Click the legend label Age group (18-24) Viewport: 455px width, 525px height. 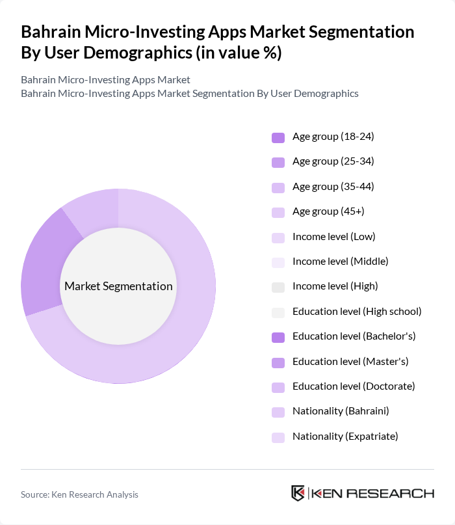tap(333, 137)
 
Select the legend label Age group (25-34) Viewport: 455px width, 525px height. tap(333, 161)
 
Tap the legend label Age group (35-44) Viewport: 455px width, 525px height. tap(333, 187)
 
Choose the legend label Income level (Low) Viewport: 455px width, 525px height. tap(333, 236)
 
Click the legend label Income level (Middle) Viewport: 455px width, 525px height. tap(340, 262)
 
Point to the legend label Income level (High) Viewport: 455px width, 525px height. tap(335, 286)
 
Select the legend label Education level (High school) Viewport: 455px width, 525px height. tap(357, 312)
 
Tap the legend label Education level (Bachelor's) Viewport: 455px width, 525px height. tap(354, 336)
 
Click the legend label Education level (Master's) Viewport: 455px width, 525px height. tap(350, 361)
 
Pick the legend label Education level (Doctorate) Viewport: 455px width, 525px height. tap(354, 386)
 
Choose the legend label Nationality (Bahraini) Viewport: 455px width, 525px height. tap(341, 411)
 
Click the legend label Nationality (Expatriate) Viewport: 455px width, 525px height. tap(344, 437)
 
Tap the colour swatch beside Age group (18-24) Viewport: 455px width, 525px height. tap(278, 137)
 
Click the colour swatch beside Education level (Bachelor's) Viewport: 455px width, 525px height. tap(278, 337)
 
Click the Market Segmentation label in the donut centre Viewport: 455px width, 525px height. tap(118, 286)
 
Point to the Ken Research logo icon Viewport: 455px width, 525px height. tap(298, 493)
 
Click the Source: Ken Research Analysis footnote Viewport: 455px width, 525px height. tap(79, 494)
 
